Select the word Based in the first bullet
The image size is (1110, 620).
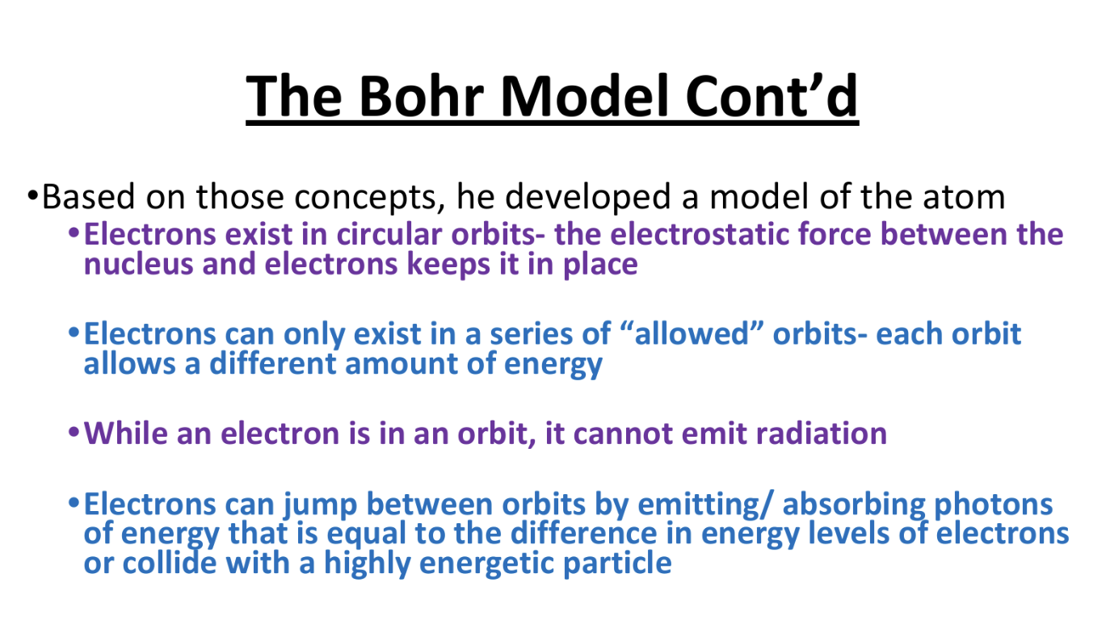[88, 197]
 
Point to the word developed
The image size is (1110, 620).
[587, 198]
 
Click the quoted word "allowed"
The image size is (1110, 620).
[692, 333]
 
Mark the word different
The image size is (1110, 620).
[273, 363]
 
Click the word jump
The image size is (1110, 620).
[320, 505]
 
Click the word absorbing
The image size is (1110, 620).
[854, 505]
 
